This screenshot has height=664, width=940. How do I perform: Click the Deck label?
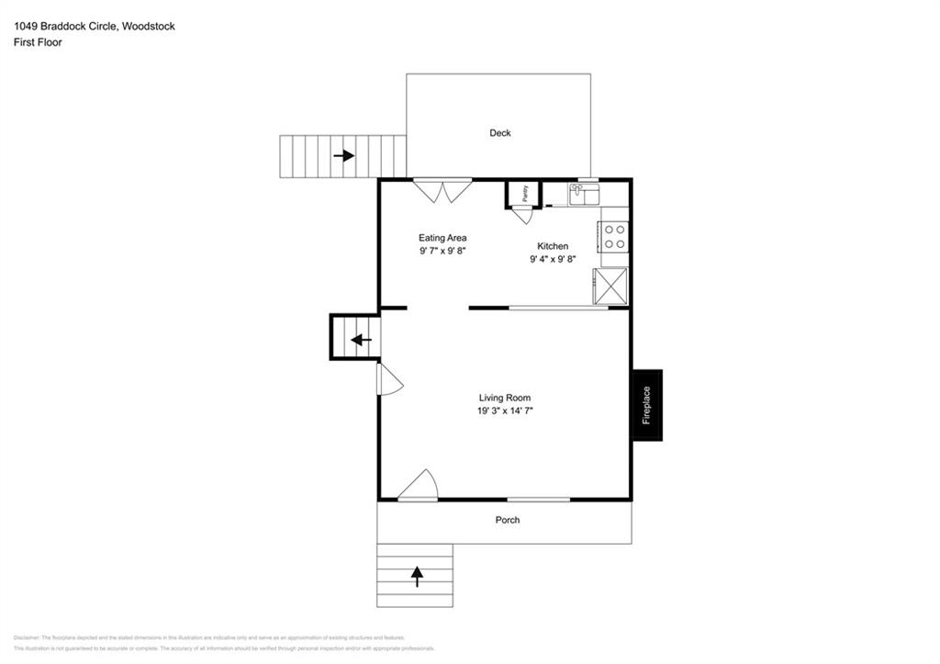pos(500,133)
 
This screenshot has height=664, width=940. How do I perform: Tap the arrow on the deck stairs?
pos(344,156)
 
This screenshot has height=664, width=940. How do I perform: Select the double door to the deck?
pos(442,190)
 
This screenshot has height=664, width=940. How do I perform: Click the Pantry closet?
pos(523,194)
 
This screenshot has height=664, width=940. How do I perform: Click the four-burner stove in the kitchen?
pos(614,237)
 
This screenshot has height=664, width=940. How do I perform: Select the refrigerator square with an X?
pos(611,285)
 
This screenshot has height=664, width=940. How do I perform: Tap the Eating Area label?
pos(442,238)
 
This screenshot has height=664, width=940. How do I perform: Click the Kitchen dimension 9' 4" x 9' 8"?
pos(553,260)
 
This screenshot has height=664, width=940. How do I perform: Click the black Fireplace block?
pos(646,405)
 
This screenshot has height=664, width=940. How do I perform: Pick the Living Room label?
pos(505,398)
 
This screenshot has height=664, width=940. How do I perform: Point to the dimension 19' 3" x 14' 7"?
pos(505,411)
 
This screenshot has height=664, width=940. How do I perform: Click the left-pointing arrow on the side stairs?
pos(361,340)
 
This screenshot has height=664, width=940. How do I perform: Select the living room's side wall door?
pos(389,380)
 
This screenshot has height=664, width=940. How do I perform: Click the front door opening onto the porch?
pos(419,486)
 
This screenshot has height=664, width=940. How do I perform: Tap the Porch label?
pos(508,520)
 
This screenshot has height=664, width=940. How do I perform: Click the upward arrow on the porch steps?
pos(417,576)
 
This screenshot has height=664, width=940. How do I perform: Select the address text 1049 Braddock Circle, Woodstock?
pos(94,27)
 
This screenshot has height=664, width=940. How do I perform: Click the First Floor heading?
pos(38,42)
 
